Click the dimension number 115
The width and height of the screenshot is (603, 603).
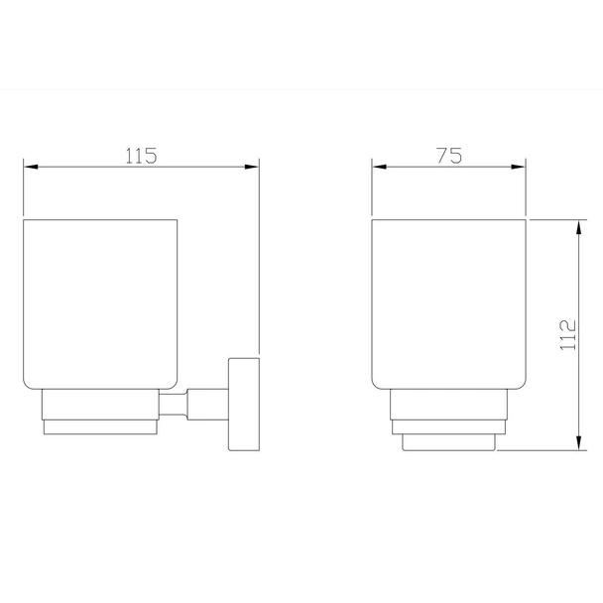[x=142, y=156]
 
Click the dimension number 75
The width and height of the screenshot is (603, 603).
[x=449, y=156]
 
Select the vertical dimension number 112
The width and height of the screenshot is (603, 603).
[x=567, y=335]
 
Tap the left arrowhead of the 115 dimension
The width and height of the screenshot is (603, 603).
[x=31, y=167]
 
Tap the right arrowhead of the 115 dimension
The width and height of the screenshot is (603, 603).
[x=252, y=167]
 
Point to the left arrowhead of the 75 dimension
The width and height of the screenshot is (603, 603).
[x=380, y=167]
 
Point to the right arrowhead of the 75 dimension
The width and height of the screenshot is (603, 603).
[x=518, y=167]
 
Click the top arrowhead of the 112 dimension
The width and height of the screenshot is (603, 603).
[x=579, y=228]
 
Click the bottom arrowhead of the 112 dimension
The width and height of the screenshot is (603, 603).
[x=579, y=442]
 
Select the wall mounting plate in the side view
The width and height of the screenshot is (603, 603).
[x=244, y=405]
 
